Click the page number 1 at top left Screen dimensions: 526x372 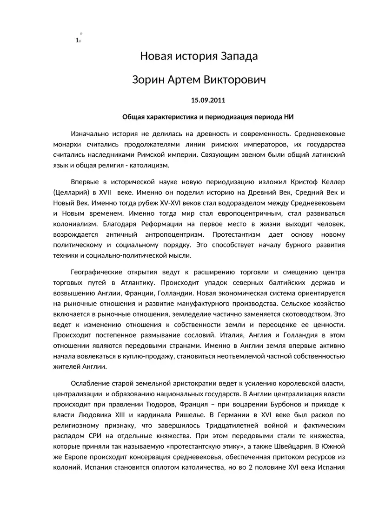(77, 40)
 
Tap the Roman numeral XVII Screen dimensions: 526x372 (106, 192)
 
